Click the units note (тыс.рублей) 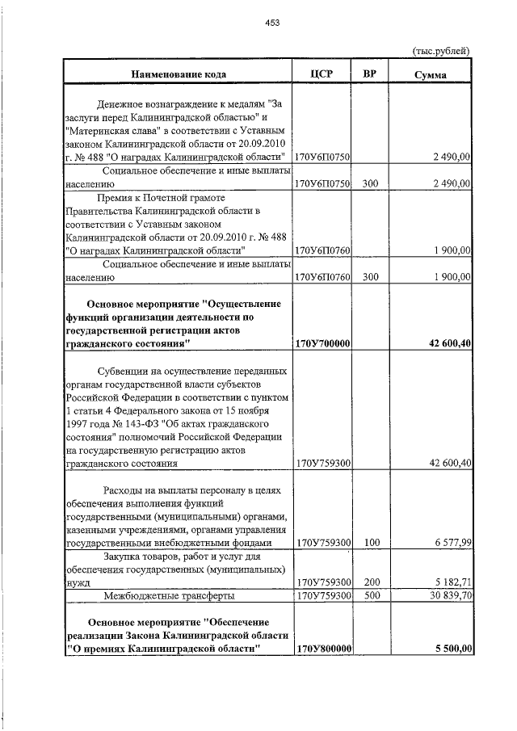click(441, 51)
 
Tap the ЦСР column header click(322, 74)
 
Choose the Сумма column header click(431, 74)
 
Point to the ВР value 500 click(371, 595)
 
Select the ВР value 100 click(371, 543)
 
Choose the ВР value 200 click(371, 582)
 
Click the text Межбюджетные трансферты click(169, 595)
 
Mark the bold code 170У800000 click(322, 648)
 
